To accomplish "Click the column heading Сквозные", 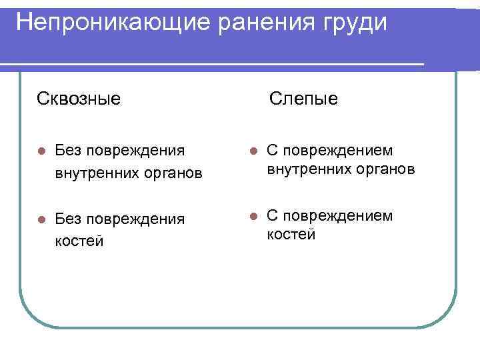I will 79,99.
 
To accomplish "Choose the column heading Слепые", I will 303,99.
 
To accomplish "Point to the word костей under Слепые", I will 291,235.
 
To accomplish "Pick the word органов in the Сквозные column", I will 174,174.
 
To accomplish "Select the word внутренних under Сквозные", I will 97,174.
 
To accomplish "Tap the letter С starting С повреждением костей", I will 273,215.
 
